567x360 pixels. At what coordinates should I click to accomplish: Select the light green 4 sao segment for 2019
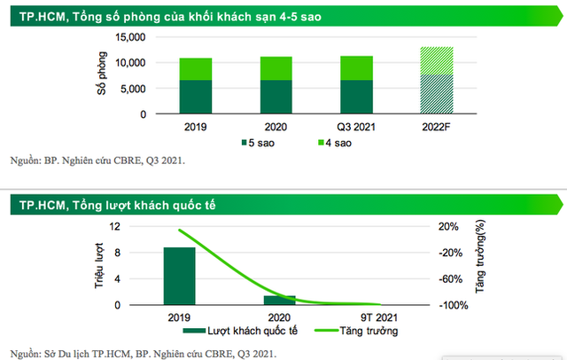tap(196, 69)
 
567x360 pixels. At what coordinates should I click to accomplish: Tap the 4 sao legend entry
tap(333, 142)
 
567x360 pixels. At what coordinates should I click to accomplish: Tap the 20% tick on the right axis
tap(448, 227)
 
